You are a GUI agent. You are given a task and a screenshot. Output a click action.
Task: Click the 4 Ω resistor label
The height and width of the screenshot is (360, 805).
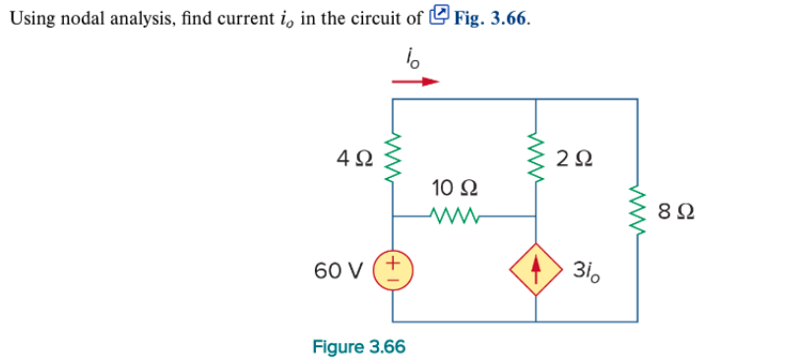[x=354, y=156]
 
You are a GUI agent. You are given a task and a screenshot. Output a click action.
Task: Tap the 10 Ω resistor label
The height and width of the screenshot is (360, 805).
[x=456, y=187]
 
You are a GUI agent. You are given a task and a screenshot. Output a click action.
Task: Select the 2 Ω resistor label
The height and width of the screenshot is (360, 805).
[x=574, y=156]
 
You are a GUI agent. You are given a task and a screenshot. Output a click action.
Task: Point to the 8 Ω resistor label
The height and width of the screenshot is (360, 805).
[x=672, y=210]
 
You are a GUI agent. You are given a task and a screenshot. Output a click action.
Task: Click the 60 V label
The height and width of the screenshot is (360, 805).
[x=337, y=270]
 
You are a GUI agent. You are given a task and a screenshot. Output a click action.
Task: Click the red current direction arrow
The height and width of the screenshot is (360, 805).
[x=414, y=83]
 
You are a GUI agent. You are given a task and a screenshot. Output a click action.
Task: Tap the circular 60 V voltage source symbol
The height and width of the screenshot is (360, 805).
[x=394, y=270]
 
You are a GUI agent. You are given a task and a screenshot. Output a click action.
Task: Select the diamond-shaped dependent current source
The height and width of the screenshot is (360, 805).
[x=536, y=270]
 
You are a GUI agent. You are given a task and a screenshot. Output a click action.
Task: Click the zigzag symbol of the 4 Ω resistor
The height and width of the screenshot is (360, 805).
[x=394, y=157]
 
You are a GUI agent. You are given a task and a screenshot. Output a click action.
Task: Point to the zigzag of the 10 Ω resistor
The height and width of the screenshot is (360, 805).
[x=455, y=215]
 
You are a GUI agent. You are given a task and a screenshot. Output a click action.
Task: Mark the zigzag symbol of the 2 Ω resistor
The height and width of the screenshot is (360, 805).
[x=536, y=157]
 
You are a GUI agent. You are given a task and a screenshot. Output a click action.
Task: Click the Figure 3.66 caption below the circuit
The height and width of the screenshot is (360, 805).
[x=358, y=346]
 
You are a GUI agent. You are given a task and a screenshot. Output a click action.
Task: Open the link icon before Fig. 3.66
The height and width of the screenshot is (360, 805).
[x=441, y=15]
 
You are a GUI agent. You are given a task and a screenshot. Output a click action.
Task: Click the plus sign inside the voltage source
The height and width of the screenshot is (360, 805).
[x=394, y=263]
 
